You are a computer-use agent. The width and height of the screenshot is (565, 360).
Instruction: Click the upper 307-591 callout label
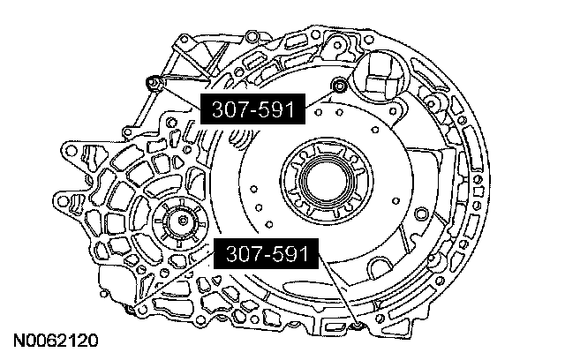tap(252, 109)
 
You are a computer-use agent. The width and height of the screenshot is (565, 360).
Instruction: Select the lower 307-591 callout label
tap(267, 254)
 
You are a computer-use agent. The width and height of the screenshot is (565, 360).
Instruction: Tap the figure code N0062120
tap(56, 341)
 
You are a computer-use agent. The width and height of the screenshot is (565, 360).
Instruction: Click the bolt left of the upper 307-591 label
tap(153, 83)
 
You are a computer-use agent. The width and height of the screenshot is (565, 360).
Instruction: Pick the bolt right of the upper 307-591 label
tap(339, 86)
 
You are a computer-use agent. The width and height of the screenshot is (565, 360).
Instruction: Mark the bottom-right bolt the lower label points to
tap(358, 326)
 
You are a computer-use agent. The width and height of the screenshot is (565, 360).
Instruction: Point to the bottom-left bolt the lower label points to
tap(129, 308)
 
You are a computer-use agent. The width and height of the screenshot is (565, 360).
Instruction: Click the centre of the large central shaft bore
tap(327, 179)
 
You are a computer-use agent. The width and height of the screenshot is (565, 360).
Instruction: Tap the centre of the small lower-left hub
tap(184, 221)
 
